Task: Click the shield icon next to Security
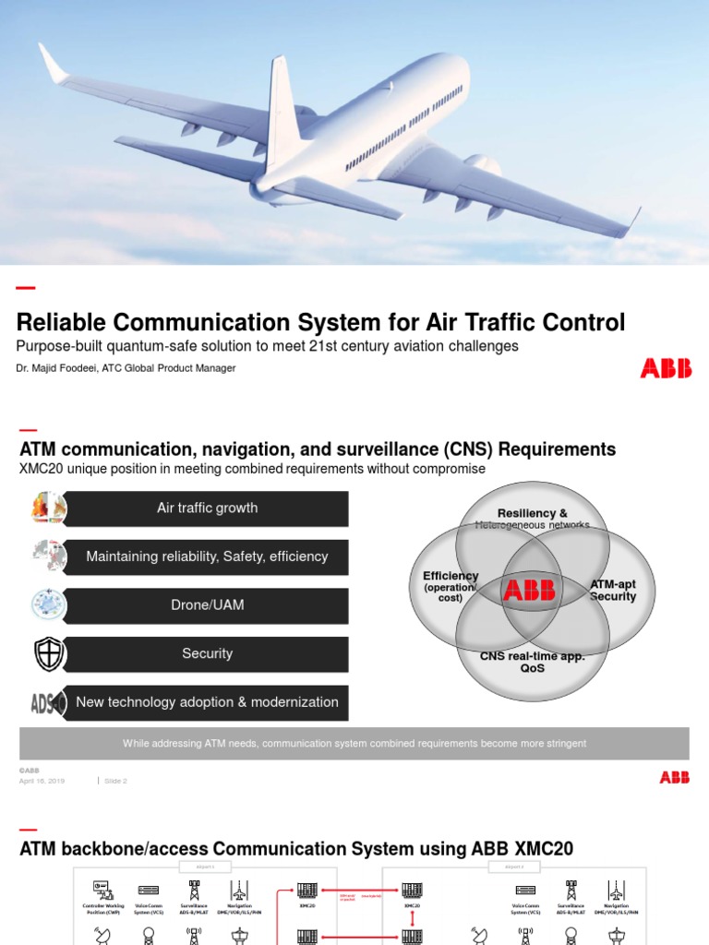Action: click(x=49, y=654)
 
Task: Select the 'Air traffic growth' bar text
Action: click(x=207, y=508)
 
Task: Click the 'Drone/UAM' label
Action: click(x=207, y=605)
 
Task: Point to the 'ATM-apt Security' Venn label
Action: click(x=613, y=591)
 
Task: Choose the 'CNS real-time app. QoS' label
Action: click(x=532, y=662)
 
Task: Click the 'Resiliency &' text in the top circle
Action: click(x=532, y=513)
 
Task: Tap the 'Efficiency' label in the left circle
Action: click(x=451, y=576)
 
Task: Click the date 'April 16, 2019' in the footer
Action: click(x=42, y=781)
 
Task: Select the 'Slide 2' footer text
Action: click(x=115, y=781)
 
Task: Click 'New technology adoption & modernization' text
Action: click(x=207, y=702)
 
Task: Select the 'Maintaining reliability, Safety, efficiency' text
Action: click(x=207, y=556)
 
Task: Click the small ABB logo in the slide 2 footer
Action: click(x=674, y=777)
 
